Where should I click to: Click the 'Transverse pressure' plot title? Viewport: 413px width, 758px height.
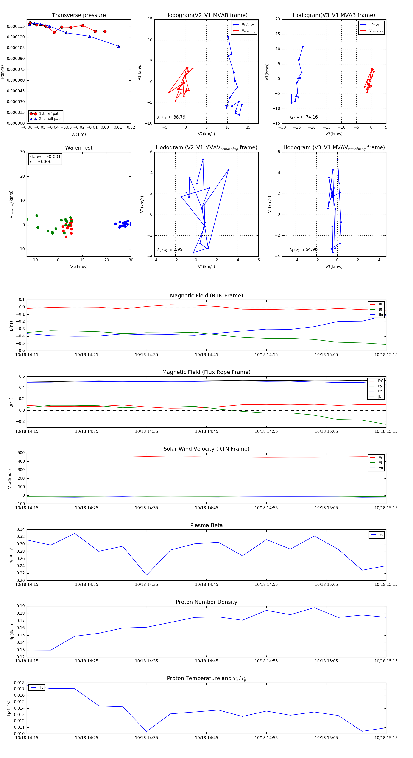[79, 15]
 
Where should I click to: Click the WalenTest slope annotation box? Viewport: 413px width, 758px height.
[45, 159]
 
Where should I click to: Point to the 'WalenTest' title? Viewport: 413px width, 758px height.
[79, 148]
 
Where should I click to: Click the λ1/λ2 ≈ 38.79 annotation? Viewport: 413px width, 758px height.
[171, 117]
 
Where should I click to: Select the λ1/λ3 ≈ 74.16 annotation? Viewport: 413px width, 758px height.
[303, 117]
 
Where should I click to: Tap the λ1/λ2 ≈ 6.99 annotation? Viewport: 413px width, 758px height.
[170, 249]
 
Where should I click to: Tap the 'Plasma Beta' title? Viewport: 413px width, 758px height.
[206, 525]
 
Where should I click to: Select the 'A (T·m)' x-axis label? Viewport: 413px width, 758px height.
[79, 134]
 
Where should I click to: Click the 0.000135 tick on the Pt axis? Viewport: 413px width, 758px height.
[16, 26]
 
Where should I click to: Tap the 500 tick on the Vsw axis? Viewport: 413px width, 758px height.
[21, 453]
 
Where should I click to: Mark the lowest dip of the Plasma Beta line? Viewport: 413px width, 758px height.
[147, 575]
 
